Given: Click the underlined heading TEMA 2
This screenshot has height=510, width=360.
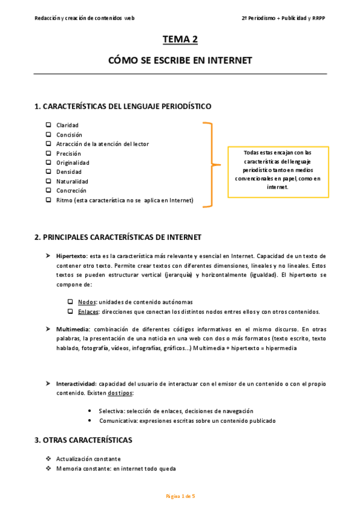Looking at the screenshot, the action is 180,40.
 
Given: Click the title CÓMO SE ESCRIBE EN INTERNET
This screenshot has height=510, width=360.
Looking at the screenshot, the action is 180,61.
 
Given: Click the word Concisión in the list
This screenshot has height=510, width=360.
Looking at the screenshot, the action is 69,135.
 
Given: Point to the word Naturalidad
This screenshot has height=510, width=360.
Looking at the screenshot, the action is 72,181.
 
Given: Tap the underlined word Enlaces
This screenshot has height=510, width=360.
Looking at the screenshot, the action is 89,312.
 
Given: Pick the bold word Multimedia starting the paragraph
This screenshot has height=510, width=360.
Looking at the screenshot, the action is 73,329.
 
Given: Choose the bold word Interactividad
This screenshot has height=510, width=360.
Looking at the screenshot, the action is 76,383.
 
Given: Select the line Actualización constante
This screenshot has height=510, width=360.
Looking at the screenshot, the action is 88,459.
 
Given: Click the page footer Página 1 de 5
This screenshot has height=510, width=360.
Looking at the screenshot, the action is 180,496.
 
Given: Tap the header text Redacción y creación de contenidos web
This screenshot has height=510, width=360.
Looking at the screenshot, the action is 85,18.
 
